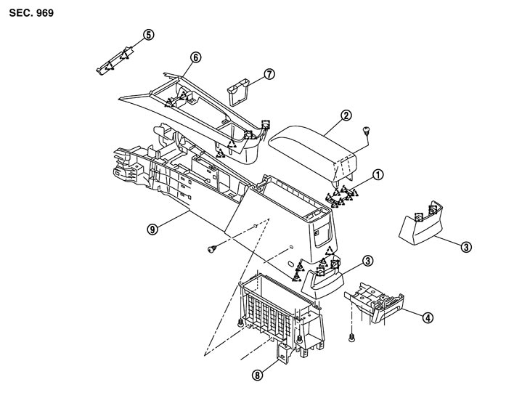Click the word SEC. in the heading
(x=20, y=13)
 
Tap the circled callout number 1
(x=378, y=174)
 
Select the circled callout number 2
(x=346, y=115)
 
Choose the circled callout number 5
(x=148, y=34)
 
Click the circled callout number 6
(x=195, y=57)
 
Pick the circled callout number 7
(x=269, y=75)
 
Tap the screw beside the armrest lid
(x=367, y=131)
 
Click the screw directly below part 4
(x=351, y=338)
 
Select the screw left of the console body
(x=212, y=251)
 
